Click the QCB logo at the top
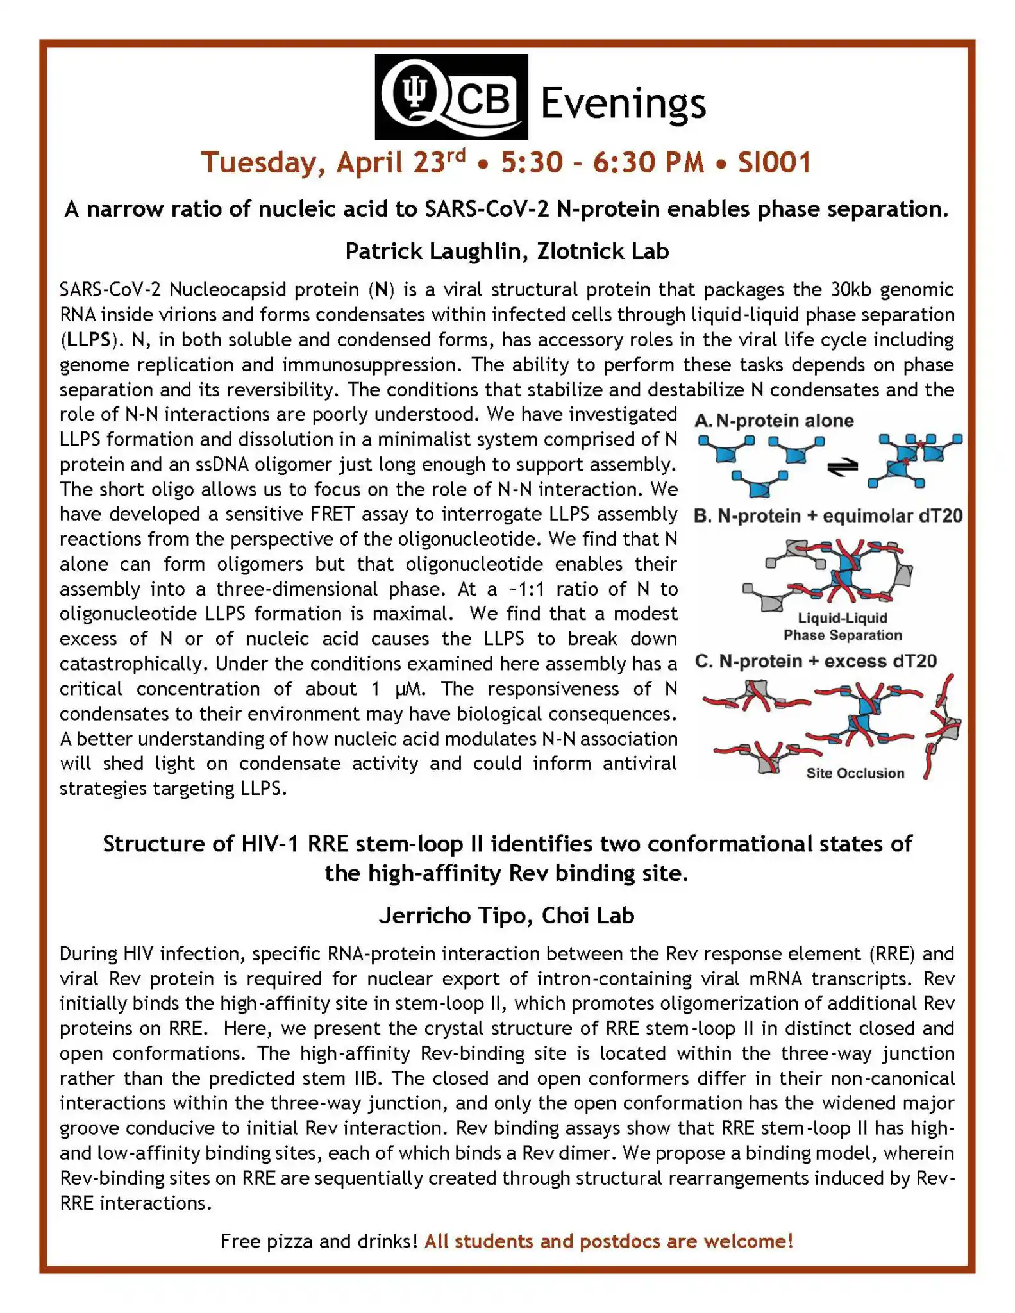(x=451, y=97)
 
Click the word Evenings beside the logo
(x=623, y=103)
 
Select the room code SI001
(x=774, y=162)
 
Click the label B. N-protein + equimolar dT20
(x=828, y=516)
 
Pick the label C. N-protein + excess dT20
(x=816, y=661)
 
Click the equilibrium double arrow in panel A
(x=842, y=467)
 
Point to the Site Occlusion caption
(x=855, y=773)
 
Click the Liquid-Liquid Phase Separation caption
(x=842, y=626)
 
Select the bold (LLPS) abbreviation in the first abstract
(x=88, y=340)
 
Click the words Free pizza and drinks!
(x=319, y=1241)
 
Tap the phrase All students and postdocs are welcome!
(x=608, y=1241)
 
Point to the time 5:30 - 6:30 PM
(x=602, y=162)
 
